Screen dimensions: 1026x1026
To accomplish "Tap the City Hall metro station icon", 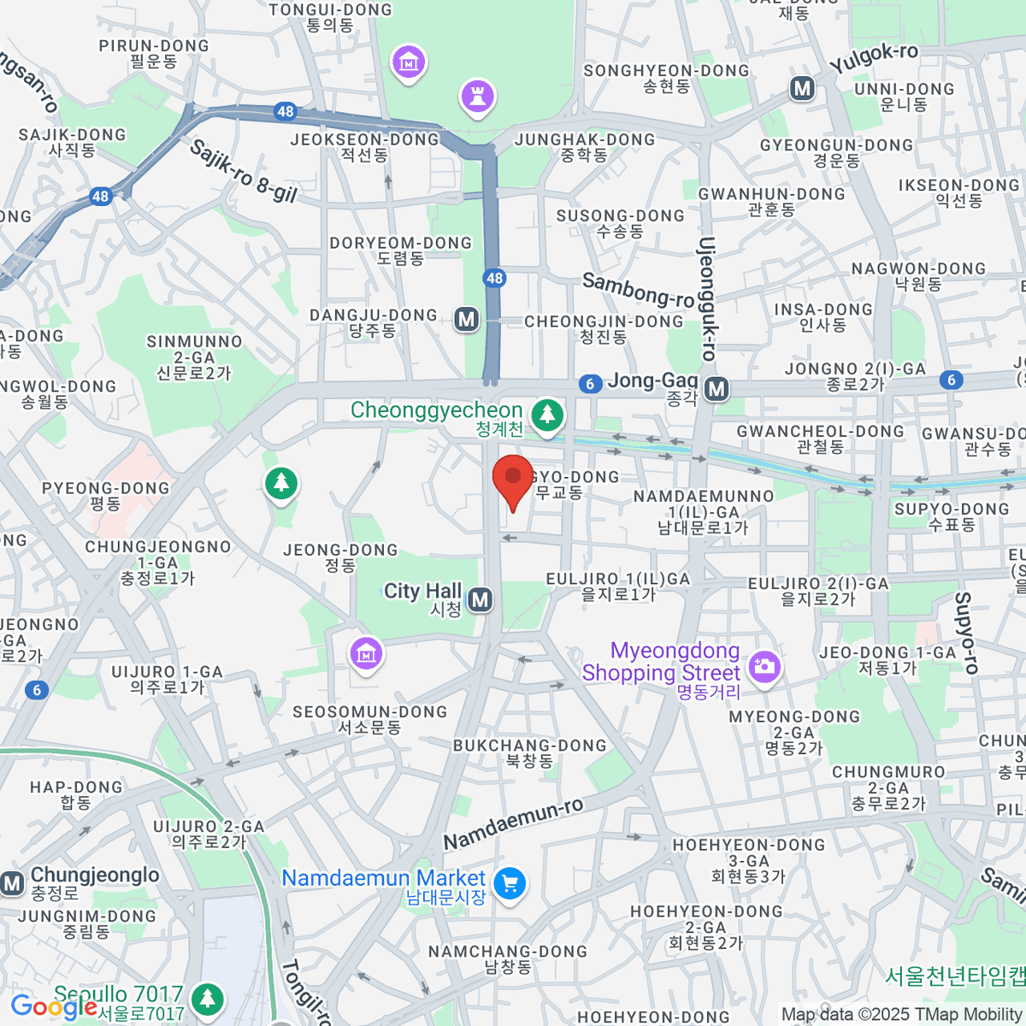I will [481, 599].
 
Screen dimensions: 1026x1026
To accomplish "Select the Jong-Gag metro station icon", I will [716, 389].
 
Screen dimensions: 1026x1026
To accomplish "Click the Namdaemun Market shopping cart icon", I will [510, 883].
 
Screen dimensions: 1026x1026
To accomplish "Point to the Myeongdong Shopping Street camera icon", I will [764, 667].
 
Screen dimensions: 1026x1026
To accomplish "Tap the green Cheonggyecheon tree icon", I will [547, 416].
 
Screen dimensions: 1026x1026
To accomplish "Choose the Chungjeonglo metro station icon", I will [12, 883].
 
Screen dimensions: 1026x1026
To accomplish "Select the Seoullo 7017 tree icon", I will [207, 998].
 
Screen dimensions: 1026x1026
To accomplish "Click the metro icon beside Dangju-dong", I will [466, 320].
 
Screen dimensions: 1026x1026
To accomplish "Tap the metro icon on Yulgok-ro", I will [802, 88].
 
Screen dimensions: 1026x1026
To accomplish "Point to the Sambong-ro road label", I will [638, 291].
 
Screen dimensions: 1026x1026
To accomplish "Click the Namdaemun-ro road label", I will [513, 824].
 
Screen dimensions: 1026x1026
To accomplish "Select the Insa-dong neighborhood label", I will [823, 317].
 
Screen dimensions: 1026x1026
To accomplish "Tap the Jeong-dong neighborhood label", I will [340, 557].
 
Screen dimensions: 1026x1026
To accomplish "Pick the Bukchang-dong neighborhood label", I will [529, 752].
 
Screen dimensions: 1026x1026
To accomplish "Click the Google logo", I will [53, 1007].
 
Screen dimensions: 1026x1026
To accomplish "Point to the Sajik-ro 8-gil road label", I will [243, 171].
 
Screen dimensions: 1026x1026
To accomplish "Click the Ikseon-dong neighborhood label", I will [958, 193].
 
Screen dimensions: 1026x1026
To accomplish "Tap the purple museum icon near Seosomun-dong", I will [366, 654].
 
